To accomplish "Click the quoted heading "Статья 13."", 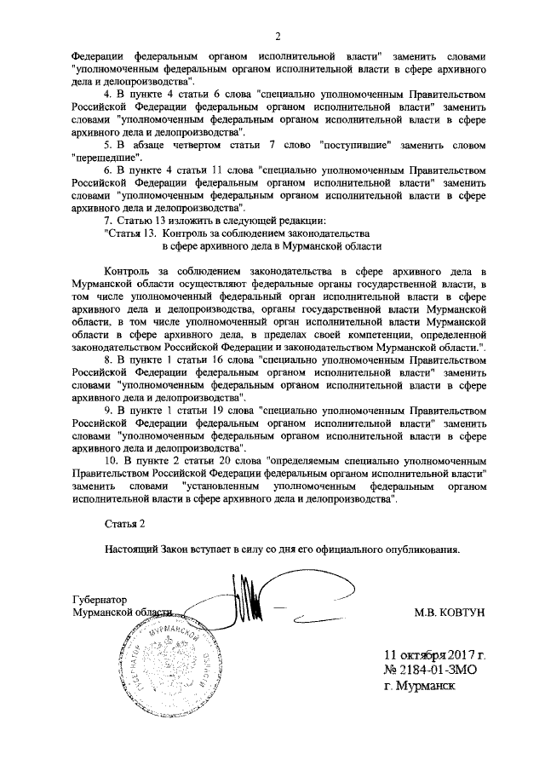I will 130,233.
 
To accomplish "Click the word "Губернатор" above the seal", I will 99,600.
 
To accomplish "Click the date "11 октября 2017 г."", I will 433,655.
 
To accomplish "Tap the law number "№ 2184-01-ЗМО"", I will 429,670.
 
